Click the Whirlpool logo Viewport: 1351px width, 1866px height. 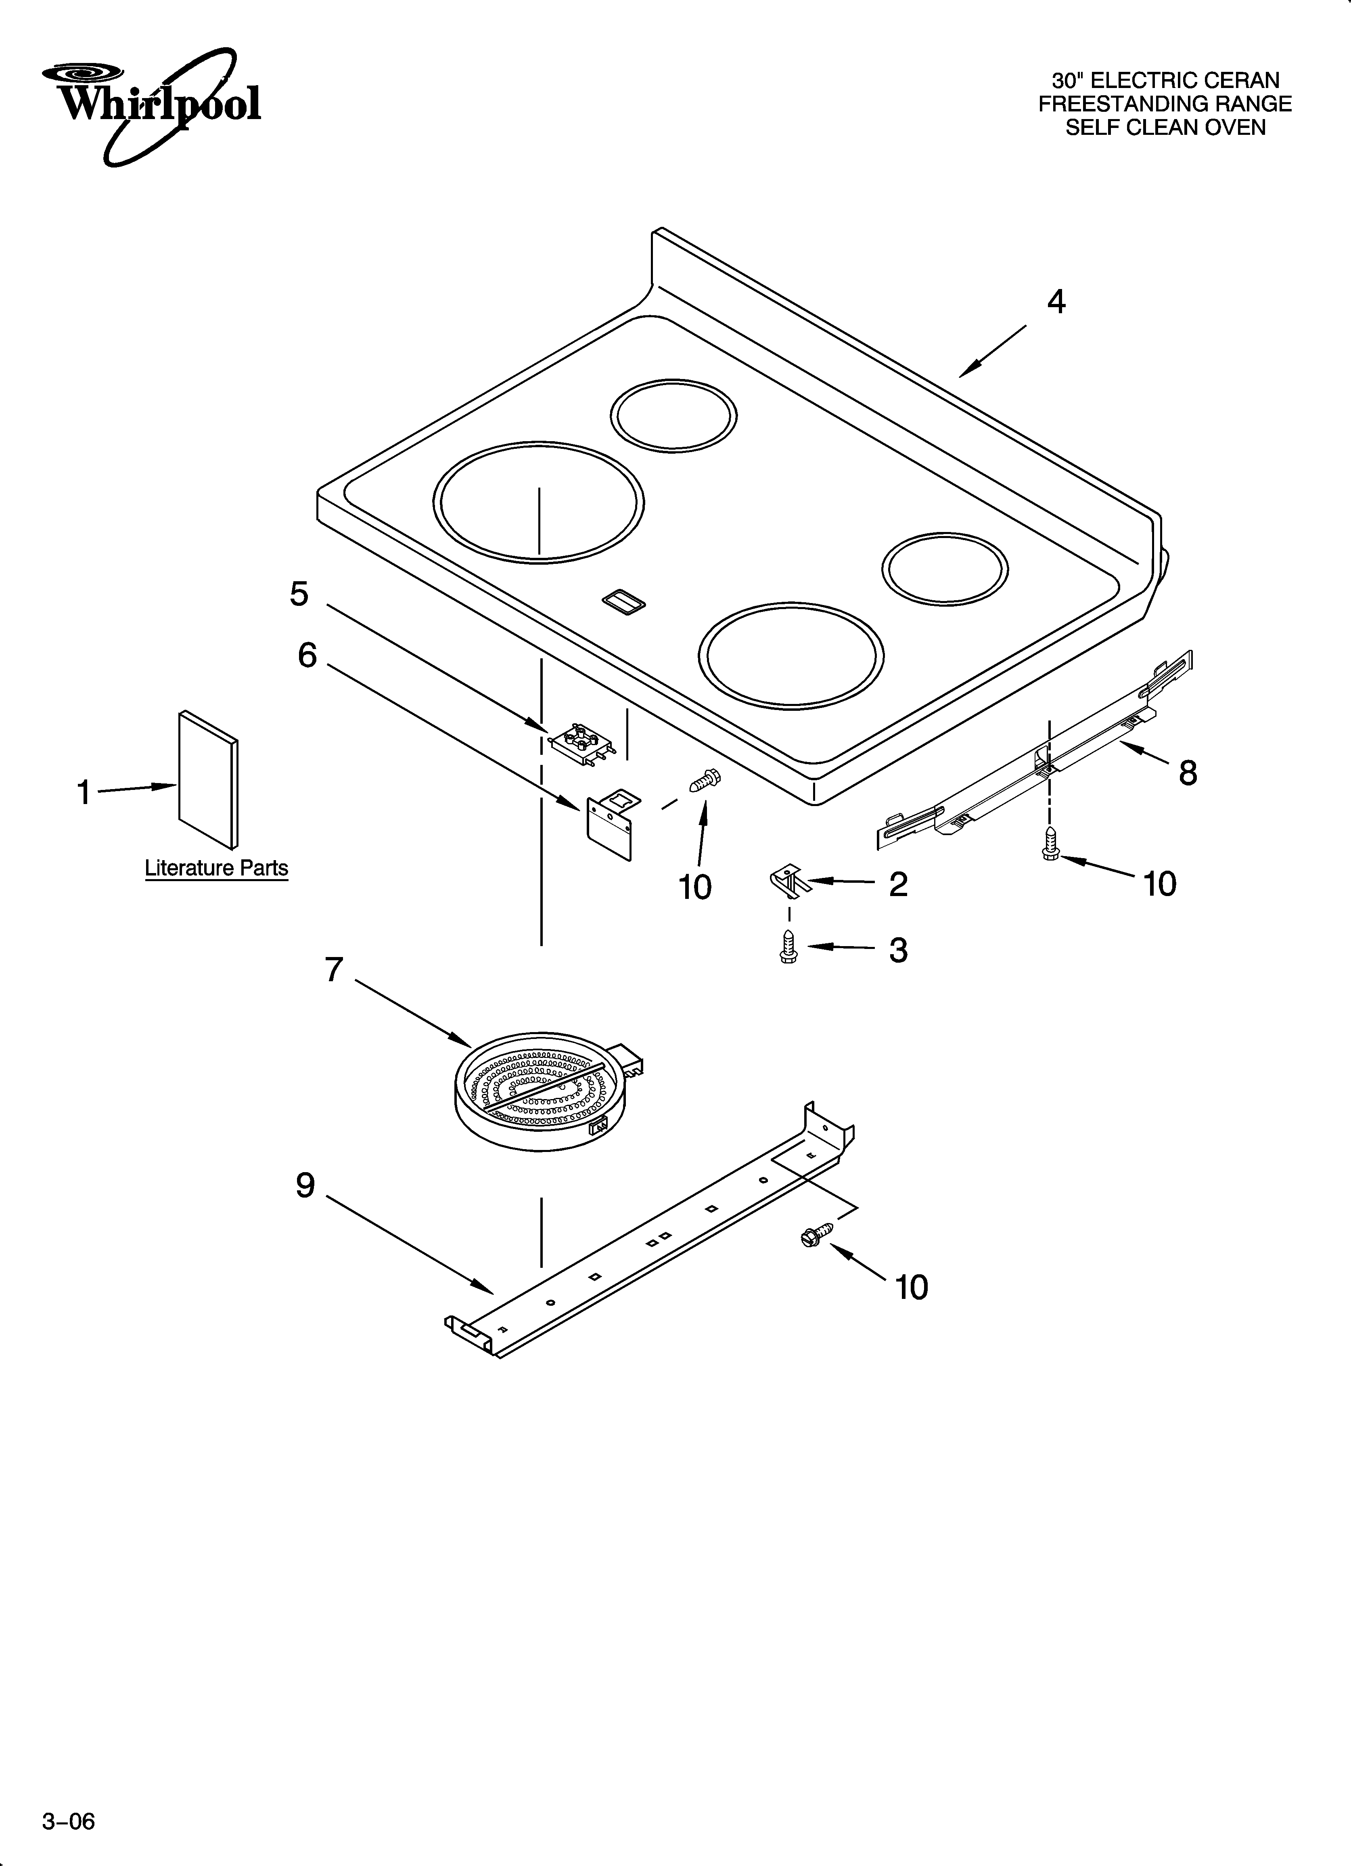coord(152,103)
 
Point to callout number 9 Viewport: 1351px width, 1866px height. coord(305,1185)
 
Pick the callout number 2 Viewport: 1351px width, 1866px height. coord(898,884)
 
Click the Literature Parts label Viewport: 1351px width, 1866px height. coord(216,868)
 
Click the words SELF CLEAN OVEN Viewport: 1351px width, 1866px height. coord(1165,128)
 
